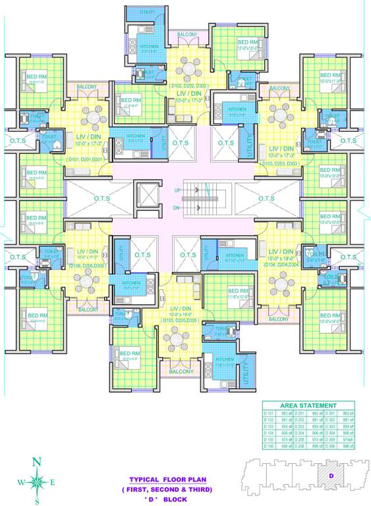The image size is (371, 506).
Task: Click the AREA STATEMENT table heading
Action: click(x=308, y=405)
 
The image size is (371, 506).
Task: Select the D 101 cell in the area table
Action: click(x=270, y=412)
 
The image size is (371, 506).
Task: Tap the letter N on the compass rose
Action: click(x=38, y=461)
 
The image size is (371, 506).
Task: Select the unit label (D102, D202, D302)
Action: click(x=189, y=86)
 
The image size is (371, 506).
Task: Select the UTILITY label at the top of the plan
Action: click(x=148, y=12)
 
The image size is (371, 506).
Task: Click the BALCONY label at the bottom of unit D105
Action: click(x=181, y=372)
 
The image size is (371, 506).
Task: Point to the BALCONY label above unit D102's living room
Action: click(x=187, y=34)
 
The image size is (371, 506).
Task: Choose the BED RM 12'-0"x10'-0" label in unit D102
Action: click(x=247, y=43)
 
